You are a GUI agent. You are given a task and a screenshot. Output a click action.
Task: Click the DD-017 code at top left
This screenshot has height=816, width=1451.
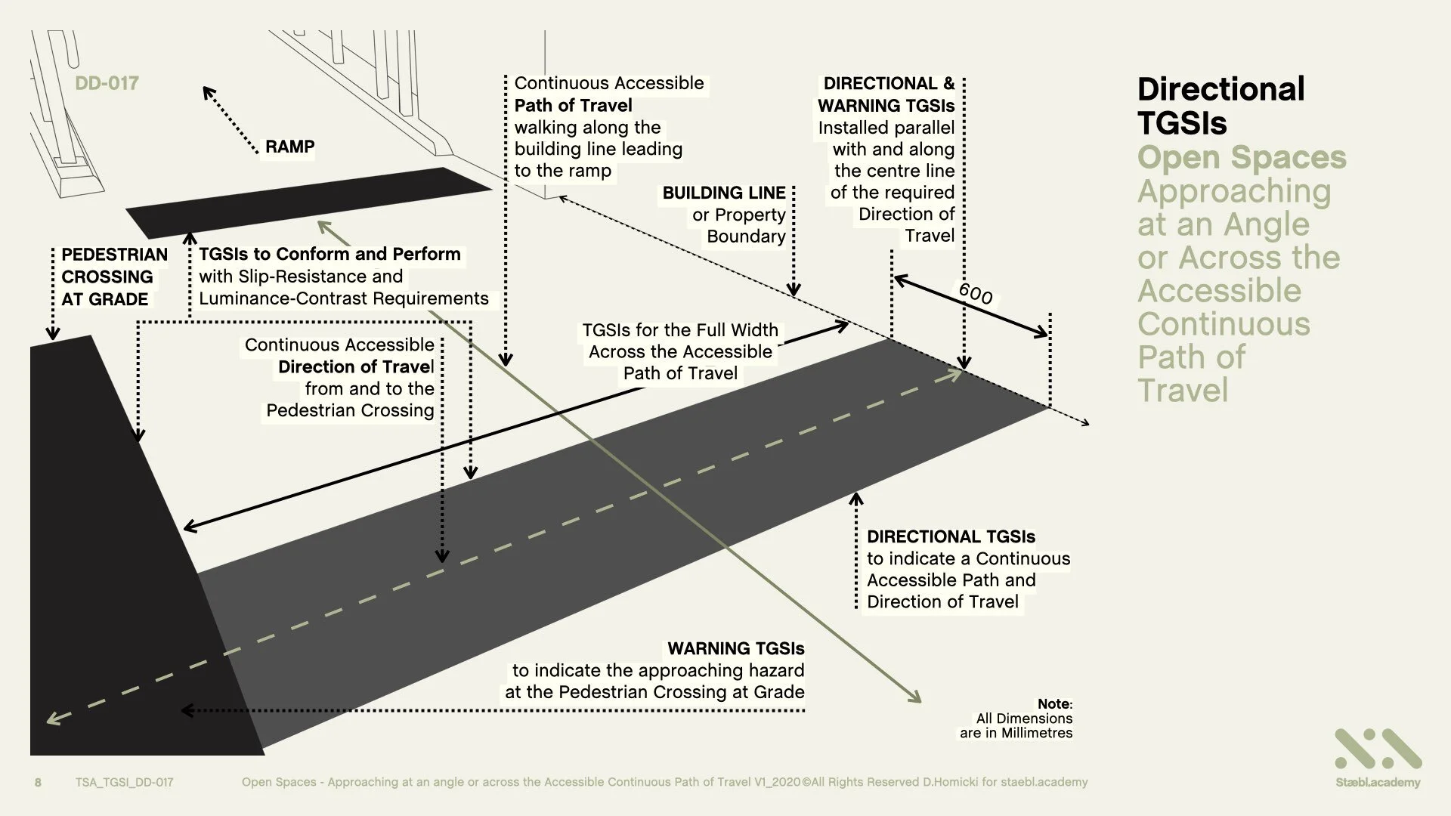[x=107, y=83]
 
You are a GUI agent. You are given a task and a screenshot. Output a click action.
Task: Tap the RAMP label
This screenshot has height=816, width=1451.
[x=289, y=147]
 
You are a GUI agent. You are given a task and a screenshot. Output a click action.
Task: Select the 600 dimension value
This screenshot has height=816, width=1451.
[x=975, y=293]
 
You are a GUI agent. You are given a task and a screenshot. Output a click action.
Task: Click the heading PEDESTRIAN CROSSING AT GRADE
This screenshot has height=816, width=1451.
[x=114, y=277]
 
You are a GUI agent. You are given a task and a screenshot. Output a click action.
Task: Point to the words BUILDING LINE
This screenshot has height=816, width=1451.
[x=724, y=193]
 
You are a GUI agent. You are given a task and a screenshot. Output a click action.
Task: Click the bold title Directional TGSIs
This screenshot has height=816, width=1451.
[x=1221, y=106]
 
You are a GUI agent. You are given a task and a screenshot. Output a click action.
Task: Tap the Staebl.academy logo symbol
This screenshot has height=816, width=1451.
[x=1378, y=749]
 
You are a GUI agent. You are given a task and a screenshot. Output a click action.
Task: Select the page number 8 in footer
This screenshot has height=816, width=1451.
[x=39, y=782]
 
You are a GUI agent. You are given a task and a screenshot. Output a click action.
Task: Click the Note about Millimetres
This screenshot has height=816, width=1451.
[x=1016, y=719]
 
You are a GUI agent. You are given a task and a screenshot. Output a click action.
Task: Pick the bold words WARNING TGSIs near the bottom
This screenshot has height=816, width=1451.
[x=735, y=649]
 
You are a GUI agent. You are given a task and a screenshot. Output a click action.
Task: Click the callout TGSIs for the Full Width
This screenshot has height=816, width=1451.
[x=679, y=331]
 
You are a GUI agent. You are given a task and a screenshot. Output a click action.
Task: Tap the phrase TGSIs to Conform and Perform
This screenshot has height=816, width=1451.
[x=329, y=254]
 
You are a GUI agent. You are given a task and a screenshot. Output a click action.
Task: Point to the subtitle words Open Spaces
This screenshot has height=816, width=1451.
[x=1242, y=157]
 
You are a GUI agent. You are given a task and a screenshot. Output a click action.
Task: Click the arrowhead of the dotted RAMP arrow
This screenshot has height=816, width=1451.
[x=207, y=91]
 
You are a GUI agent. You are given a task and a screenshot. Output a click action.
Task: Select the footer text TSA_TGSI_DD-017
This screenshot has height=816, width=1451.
[x=124, y=782]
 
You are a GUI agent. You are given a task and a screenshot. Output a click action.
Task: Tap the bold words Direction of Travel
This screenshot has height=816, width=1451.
[x=356, y=367]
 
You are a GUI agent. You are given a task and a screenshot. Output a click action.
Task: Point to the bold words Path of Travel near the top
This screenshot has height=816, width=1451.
[x=573, y=106]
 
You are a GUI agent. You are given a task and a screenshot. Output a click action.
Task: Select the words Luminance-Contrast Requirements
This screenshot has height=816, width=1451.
[x=344, y=298]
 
